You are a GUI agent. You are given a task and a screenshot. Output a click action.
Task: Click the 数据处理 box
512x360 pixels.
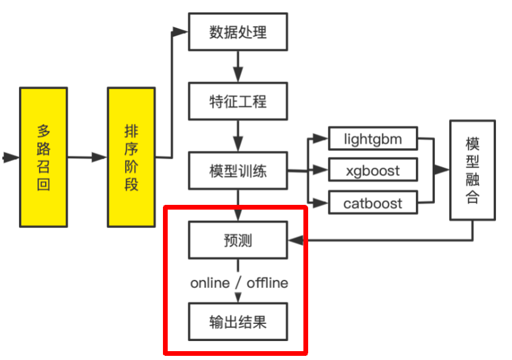[238, 31]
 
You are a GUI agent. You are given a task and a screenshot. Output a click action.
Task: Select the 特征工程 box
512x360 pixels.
[238, 101]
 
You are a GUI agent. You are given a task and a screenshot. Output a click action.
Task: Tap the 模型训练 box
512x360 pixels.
[238, 172]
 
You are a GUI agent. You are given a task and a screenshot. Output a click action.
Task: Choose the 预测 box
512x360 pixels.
[238, 240]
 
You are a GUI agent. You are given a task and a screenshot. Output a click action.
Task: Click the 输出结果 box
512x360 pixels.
[238, 322]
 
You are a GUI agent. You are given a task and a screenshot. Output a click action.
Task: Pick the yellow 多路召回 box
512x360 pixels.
[43, 157]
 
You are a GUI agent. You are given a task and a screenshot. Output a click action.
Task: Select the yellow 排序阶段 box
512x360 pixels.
[131, 157]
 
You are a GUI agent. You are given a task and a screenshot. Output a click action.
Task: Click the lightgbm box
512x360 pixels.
[373, 139]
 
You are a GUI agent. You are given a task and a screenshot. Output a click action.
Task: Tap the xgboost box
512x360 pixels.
[373, 171]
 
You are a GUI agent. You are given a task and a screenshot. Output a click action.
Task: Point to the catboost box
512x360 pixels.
[373, 204]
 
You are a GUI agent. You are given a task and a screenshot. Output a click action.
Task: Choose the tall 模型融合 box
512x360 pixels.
[472, 171]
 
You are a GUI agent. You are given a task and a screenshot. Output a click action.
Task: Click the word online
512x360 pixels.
[210, 283]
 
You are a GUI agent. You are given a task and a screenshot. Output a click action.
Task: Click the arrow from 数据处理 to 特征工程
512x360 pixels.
[238, 66]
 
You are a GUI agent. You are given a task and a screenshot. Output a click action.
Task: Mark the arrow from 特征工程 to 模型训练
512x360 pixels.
[238, 136]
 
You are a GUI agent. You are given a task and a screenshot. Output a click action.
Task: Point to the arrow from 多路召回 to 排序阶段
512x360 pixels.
[87, 157]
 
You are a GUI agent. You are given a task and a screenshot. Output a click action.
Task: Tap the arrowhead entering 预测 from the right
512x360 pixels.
[295, 240]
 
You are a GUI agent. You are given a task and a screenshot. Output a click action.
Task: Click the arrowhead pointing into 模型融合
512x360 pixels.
[442, 170]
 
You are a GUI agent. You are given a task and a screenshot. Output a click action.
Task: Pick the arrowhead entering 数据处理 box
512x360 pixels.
[181, 31]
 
